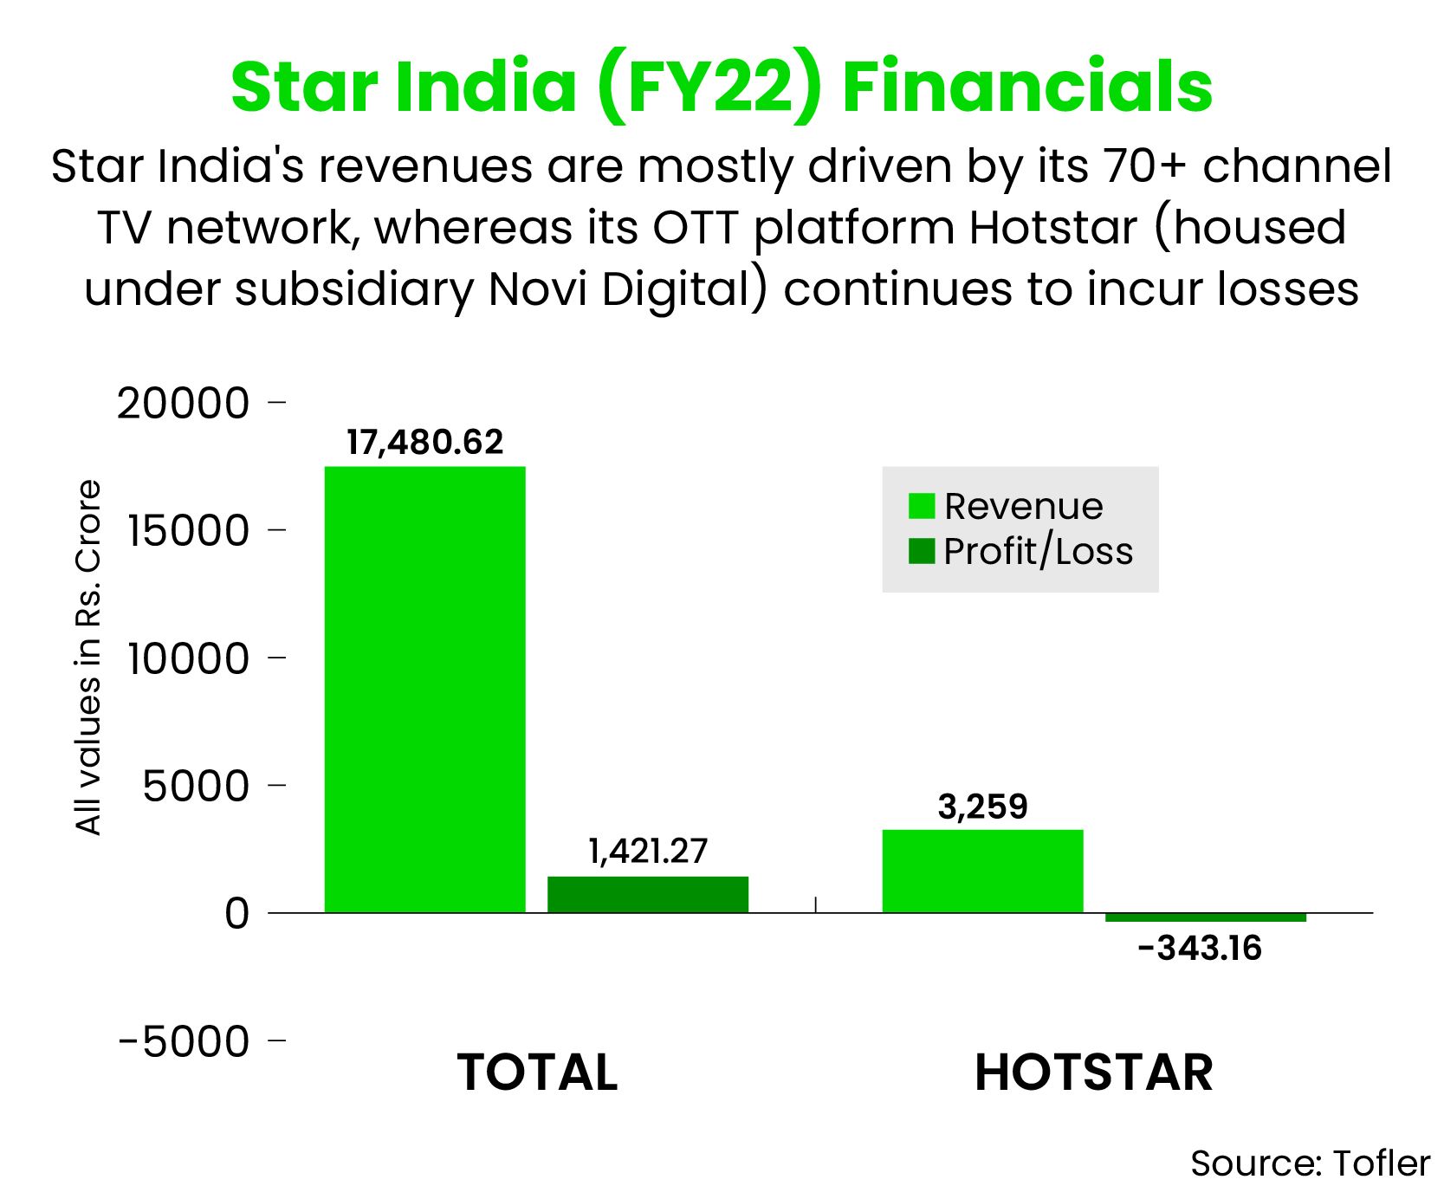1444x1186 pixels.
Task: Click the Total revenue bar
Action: click(424, 690)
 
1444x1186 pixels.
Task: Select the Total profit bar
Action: click(648, 895)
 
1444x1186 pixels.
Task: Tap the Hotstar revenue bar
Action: click(982, 872)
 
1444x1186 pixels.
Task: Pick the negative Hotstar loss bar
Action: click(1206, 917)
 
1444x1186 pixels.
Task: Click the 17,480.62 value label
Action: click(424, 443)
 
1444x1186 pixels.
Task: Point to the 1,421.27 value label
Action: click(648, 852)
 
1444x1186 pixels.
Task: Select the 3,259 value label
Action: click(982, 807)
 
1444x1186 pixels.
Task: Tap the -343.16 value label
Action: click(1200, 949)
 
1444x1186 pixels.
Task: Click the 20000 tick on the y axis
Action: click(183, 404)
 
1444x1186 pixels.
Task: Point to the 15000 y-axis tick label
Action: click(189, 531)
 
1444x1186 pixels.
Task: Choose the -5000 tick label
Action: click(184, 1041)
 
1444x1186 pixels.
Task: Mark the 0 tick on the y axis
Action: click(236, 914)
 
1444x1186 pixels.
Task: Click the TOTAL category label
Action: click(537, 1073)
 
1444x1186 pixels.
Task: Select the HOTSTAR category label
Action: click(1094, 1073)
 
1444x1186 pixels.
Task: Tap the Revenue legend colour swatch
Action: click(922, 506)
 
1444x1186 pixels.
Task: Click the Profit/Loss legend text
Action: click(1039, 552)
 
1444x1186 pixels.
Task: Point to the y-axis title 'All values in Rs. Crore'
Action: click(88, 658)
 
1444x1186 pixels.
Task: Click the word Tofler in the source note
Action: click(1382, 1163)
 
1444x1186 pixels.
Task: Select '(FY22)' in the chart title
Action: click(709, 87)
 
